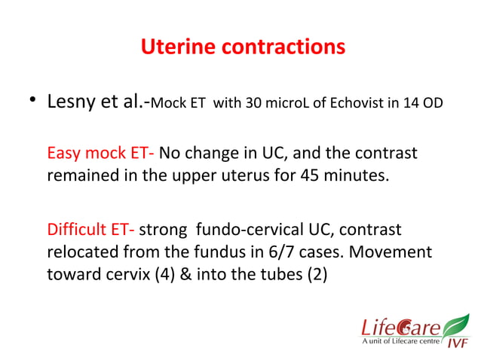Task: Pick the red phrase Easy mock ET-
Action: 101,153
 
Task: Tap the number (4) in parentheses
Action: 182,273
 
